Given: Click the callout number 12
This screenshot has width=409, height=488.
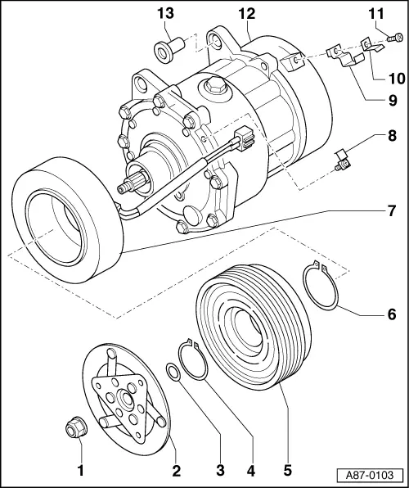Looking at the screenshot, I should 246,13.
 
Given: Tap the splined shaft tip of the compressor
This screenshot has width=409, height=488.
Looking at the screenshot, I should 126,188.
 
